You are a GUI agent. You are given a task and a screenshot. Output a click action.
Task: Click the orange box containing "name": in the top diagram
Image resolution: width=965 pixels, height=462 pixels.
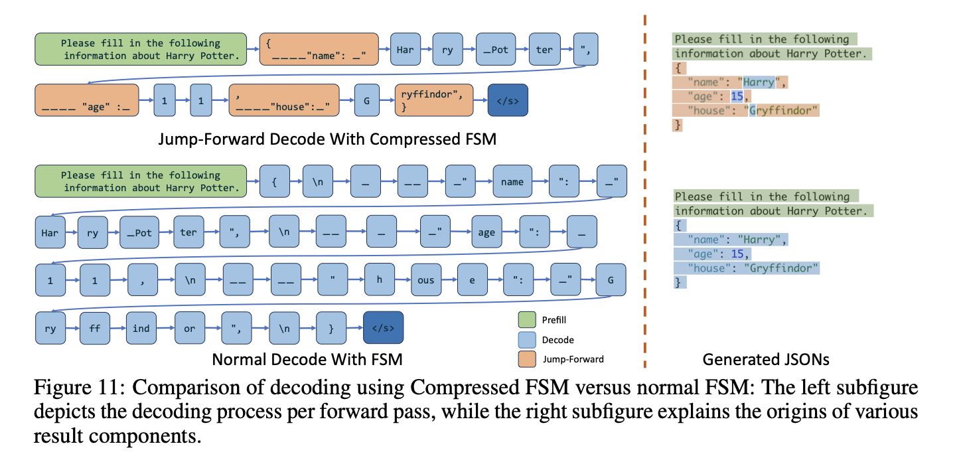click(x=319, y=50)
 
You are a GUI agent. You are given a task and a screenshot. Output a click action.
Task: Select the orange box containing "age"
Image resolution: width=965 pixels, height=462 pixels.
click(x=86, y=102)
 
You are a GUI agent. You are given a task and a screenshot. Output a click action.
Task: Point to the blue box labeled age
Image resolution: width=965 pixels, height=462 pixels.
click(x=486, y=232)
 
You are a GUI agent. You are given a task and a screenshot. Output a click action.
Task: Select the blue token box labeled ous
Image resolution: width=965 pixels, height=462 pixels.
click(x=425, y=280)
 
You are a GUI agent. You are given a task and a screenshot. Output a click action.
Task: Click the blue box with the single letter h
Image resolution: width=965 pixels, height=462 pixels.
click(x=379, y=280)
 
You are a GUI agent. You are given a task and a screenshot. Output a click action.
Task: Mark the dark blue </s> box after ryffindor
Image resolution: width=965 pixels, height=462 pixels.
click(x=508, y=102)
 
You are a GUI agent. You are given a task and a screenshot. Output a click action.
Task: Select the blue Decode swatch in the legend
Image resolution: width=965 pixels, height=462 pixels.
click(x=526, y=340)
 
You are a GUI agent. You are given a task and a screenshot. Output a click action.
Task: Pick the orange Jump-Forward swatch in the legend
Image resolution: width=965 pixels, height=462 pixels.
click(x=526, y=359)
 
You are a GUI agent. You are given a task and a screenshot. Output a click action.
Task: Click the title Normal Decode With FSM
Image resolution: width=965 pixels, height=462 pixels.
click(x=307, y=360)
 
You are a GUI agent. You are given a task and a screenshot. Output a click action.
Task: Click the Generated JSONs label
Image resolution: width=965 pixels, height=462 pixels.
click(x=765, y=360)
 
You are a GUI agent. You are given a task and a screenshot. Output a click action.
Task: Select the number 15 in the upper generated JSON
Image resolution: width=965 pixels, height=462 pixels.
click(x=736, y=97)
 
